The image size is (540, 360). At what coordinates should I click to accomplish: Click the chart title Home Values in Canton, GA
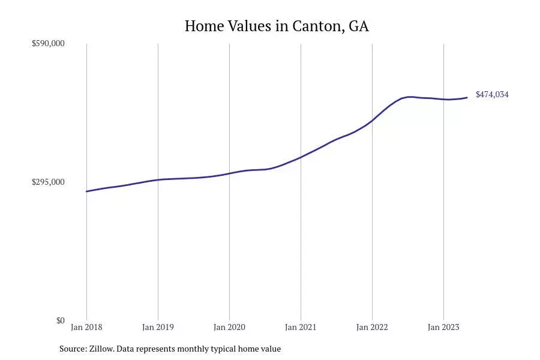(277, 26)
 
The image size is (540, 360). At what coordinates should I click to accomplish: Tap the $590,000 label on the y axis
(48, 44)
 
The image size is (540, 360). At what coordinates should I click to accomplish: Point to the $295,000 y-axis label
(48, 182)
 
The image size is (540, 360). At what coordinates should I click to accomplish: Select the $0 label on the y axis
(60, 320)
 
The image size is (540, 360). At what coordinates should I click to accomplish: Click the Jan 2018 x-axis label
(86, 328)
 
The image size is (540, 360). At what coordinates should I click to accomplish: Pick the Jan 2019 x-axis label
(158, 328)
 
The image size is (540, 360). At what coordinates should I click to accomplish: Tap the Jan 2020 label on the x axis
(229, 328)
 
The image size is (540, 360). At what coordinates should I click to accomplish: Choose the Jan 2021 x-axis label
(301, 328)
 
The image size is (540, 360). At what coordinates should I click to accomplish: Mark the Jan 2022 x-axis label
(372, 328)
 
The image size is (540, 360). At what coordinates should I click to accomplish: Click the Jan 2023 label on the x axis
(443, 328)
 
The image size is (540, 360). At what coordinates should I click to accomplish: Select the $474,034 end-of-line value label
(492, 95)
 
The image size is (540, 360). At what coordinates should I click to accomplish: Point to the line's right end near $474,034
(467, 98)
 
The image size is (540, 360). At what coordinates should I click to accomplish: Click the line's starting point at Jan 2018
(86, 191)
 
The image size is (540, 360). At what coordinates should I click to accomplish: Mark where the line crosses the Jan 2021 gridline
(301, 157)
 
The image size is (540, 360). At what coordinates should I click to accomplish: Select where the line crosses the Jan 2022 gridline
(372, 121)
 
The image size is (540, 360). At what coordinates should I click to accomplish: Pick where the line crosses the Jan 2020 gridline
(229, 173)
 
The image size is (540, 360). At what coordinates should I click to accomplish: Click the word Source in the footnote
(72, 349)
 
